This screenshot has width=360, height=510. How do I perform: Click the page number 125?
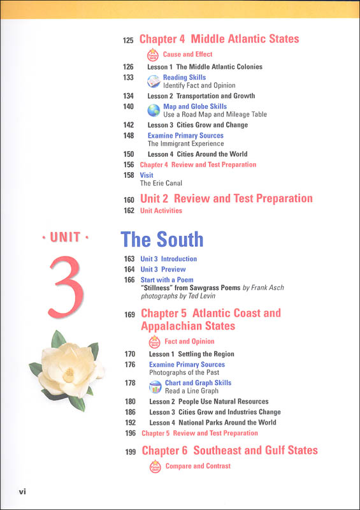point(128,41)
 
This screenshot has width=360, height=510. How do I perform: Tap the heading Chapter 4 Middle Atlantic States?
point(219,39)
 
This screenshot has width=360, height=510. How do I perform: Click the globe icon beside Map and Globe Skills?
point(154,110)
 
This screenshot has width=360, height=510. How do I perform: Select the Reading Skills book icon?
point(154,81)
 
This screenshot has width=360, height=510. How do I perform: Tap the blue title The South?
point(162,239)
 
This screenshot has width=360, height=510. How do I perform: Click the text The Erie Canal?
point(161,184)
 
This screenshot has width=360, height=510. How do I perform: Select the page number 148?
point(129,135)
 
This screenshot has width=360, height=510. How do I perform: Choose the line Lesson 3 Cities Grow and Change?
point(198,125)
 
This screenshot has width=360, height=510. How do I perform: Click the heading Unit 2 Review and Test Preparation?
point(226,198)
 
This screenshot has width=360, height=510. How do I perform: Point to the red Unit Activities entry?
point(161,210)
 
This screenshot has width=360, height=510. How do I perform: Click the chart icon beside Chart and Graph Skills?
point(155,387)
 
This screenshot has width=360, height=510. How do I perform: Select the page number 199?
point(131,451)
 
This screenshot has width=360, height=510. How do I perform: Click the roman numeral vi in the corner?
point(22,492)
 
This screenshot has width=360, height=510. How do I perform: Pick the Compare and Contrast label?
point(198,466)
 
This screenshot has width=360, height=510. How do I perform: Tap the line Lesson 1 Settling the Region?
point(191,354)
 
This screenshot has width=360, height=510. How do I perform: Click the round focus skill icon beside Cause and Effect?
point(153,54)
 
